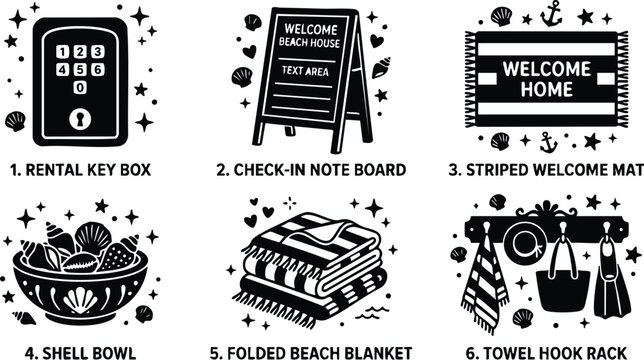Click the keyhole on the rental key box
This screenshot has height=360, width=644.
[x=80, y=120]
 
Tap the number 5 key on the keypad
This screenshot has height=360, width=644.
[x=80, y=70]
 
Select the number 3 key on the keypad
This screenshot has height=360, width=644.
[x=97, y=52]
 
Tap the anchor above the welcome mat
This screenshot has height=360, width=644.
[x=551, y=13]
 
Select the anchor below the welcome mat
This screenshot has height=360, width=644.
[x=546, y=140]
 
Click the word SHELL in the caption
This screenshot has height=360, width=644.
[x=70, y=352]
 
